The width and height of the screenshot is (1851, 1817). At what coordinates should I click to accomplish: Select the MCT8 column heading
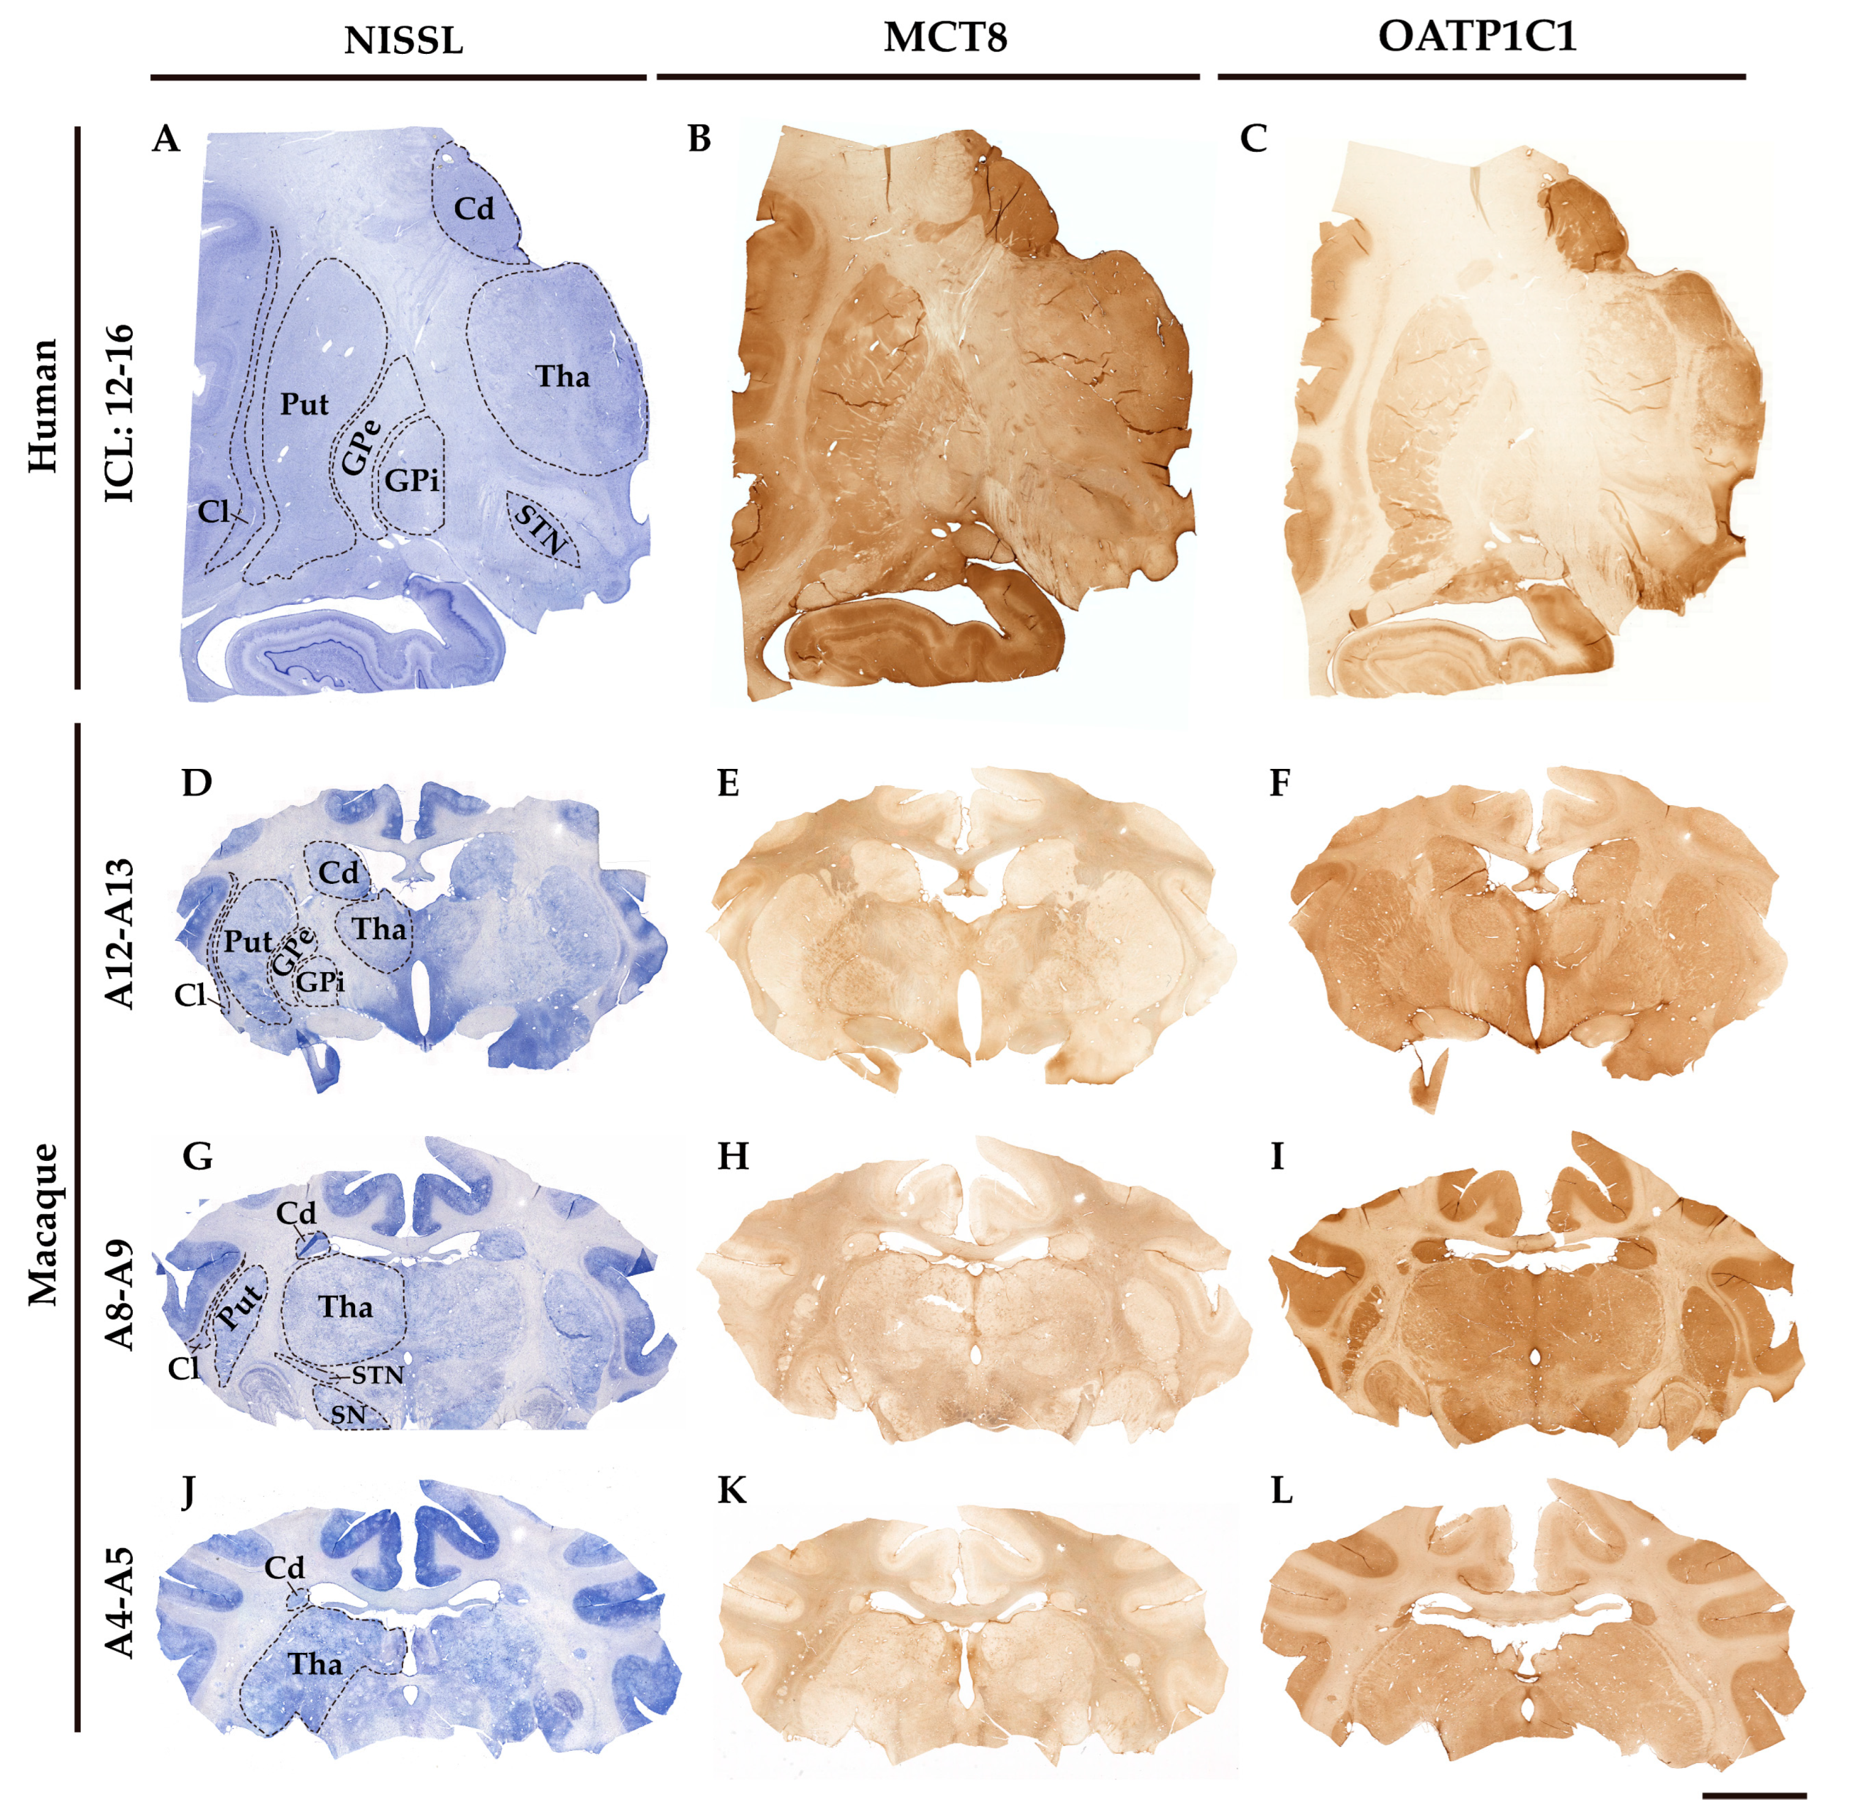click(x=944, y=38)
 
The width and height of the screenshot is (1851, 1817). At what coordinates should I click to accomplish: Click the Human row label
click(x=42, y=405)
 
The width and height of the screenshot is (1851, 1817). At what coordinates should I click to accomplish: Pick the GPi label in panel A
click(x=413, y=480)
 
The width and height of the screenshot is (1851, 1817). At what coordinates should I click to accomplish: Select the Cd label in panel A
click(x=473, y=208)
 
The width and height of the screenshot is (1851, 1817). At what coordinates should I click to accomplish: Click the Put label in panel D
click(x=248, y=942)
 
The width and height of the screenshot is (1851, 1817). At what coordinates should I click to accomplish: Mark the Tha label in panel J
click(x=315, y=1663)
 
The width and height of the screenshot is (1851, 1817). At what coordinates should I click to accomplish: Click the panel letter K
click(x=731, y=1491)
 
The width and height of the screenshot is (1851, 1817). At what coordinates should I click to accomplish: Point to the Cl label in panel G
click(x=183, y=1368)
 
